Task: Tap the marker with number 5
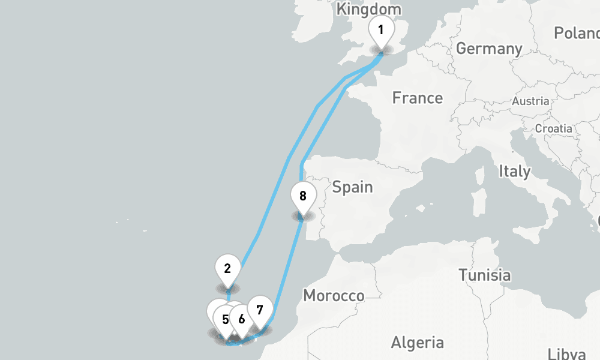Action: click(x=225, y=319)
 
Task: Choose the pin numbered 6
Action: click(x=241, y=319)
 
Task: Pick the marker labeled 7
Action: click(x=259, y=310)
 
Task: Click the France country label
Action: click(x=418, y=98)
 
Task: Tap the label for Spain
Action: click(x=352, y=187)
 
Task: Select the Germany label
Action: click(x=489, y=49)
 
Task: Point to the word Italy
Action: click(x=514, y=172)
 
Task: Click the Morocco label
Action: click(x=334, y=295)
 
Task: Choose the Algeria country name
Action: click(x=418, y=343)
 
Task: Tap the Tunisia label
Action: click(x=485, y=275)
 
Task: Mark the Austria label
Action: click(x=530, y=101)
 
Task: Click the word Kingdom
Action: click(x=368, y=10)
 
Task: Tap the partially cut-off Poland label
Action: click(x=577, y=33)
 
